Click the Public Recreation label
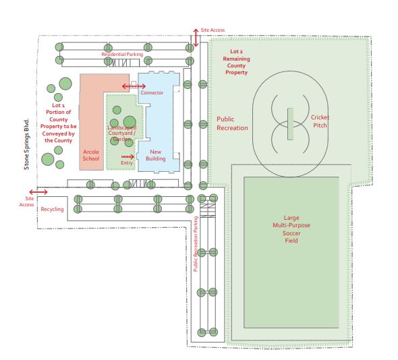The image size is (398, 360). coord(232,123)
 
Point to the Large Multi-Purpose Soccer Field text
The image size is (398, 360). coord(291,229)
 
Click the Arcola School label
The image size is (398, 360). coord(91,155)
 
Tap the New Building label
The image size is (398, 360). coord(156,155)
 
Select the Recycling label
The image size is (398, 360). coord(52,209)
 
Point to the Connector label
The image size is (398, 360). coord(152,92)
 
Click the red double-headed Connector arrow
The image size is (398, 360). coord(133,86)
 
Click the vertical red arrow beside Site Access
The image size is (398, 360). coord(196,37)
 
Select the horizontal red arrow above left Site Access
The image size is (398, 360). coord(38,192)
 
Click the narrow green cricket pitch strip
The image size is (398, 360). coord(289,123)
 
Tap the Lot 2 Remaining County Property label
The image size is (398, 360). coord(237,62)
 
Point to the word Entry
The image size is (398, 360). coord(126,162)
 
